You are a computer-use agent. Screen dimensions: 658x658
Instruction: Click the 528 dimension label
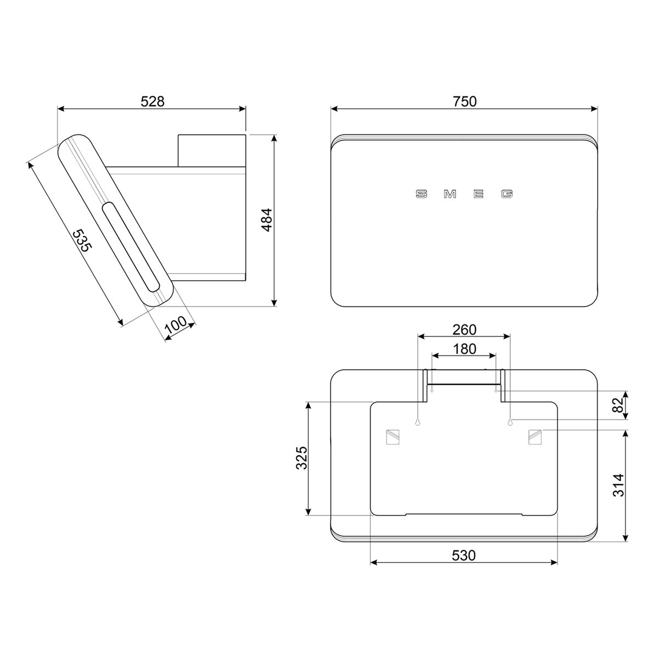click(152, 101)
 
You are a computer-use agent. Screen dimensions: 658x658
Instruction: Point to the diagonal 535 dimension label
click(82, 240)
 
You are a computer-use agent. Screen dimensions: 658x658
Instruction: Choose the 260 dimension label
click(464, 330)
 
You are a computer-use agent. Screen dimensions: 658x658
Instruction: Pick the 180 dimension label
click(464, 349)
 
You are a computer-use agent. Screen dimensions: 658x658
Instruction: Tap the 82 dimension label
click(618, 405)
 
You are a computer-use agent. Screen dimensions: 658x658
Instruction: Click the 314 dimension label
click(618, 485)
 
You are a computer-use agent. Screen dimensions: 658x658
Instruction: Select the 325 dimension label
click(302, 458)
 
